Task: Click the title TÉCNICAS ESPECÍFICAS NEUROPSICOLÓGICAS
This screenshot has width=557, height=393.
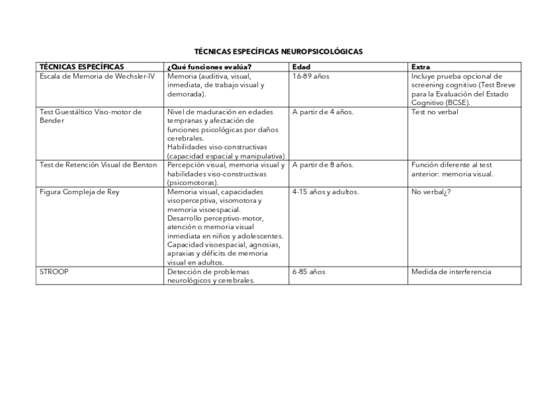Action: pos(278,51)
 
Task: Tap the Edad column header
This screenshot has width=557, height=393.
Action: pos(301,67)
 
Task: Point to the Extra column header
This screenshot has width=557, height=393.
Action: pos(420,67)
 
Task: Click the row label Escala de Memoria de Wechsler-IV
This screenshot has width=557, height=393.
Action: pos(97,76)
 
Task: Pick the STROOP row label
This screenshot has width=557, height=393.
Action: pos(55,272)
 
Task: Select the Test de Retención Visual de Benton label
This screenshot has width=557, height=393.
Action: pos(99,165)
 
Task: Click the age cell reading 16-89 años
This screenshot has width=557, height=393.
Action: pos(311,76)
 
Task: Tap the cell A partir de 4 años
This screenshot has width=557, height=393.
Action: pos(323,112)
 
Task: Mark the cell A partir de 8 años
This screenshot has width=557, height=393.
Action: pos(323,165)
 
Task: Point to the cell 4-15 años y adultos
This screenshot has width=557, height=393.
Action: pos(325,192)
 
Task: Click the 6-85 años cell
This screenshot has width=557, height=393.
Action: pos(309,272)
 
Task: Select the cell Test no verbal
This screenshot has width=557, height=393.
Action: pos(435,112)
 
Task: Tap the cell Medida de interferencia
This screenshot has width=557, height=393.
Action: pos(451,272)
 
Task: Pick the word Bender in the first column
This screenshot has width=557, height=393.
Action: pos(52,121)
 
